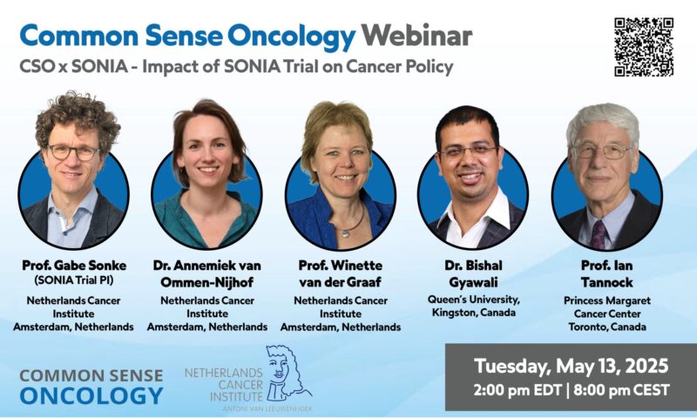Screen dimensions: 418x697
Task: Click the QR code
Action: (644, 46)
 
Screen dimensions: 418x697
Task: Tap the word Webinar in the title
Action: (417, 36)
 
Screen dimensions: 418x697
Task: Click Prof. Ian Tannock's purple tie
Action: (599, 233)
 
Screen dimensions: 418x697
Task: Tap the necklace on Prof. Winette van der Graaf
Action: (349, 228)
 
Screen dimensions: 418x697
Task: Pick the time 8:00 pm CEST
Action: (621, 388)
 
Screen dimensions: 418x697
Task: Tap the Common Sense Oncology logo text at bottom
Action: (91, 386)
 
